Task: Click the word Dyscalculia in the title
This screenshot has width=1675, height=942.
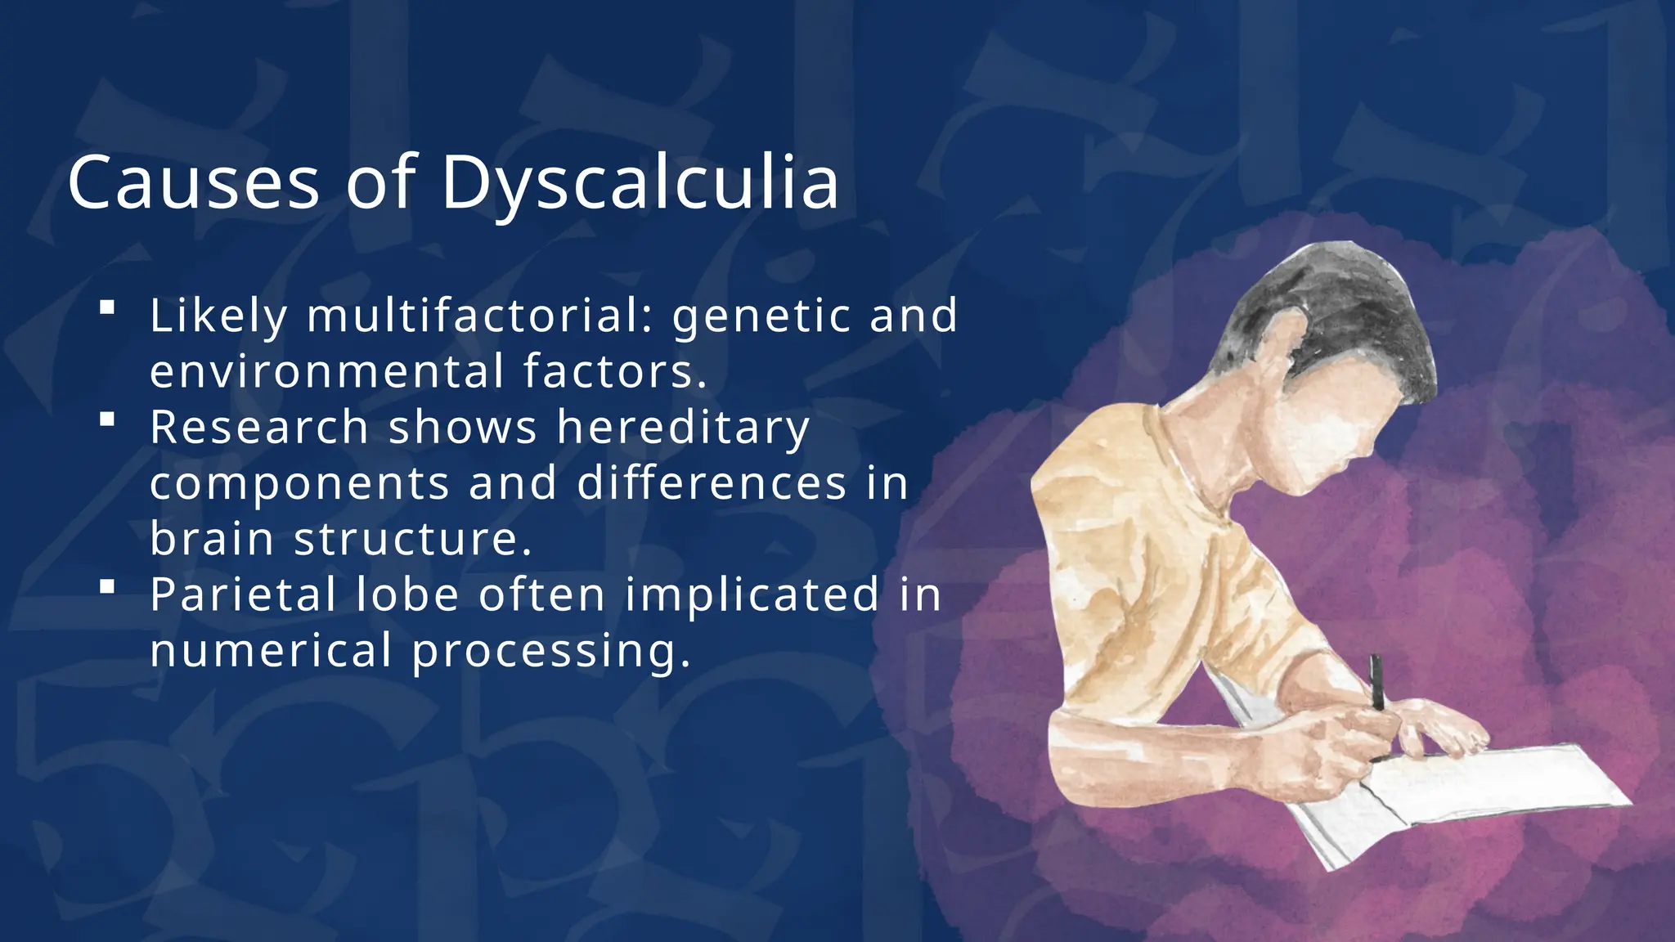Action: point(640,183)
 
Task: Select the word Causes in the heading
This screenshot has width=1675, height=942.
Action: point(193,183)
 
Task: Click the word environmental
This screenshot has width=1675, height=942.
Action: point(327,371)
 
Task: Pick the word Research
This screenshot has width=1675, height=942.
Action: point(258,428)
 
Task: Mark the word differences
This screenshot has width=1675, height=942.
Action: point(712,483)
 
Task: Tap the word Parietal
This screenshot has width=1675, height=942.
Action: point(243,594)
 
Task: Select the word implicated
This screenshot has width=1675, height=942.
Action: point(752,596)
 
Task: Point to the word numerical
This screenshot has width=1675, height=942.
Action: point(271,651)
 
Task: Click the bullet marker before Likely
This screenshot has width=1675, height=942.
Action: point(106,308)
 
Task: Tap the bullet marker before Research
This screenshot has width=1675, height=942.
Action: point(106,419)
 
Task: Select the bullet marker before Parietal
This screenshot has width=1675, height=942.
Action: point(106,586)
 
